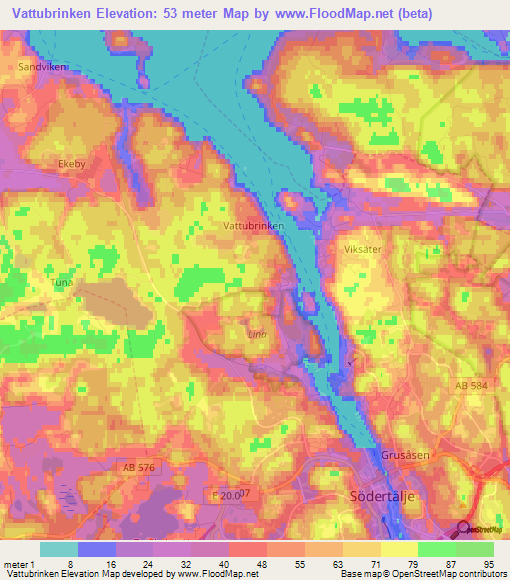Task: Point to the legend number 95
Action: pos(488,564)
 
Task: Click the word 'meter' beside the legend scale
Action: pos(17,564)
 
